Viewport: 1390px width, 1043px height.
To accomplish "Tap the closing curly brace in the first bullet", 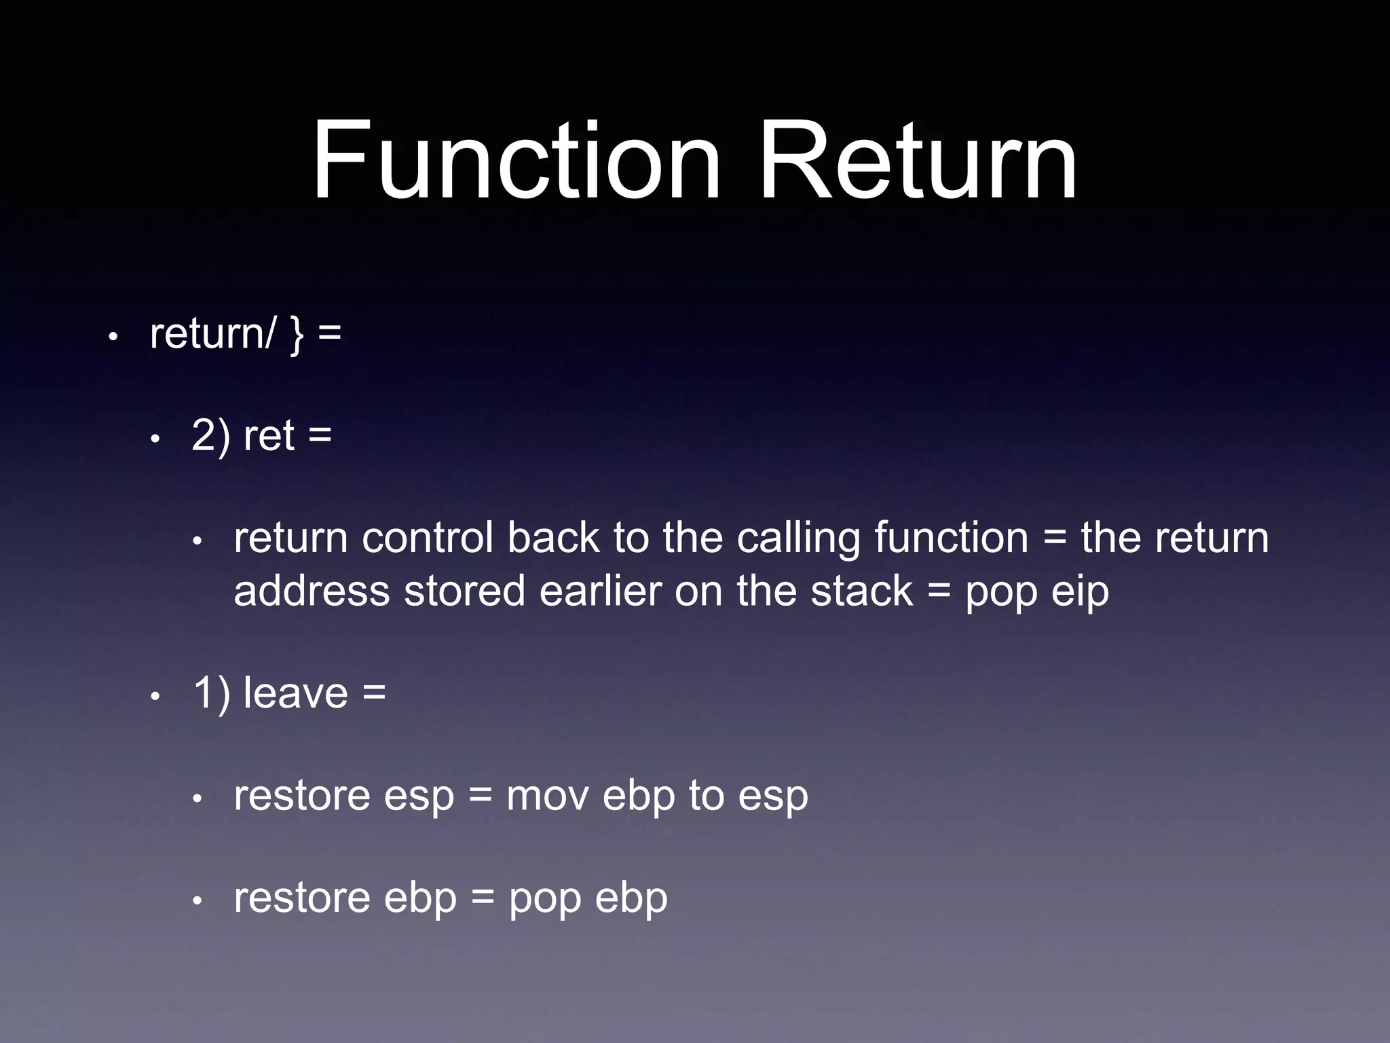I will tap(297, 335).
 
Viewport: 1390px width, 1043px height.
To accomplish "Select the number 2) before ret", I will tap(210, 435).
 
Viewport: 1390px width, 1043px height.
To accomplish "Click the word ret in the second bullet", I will tap(269, 435).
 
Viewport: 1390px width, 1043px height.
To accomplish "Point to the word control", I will tap(428, 538).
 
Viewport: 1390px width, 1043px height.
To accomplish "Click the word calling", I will tap(798, 538).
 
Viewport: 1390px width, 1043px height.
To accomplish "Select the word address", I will tap(312, 591).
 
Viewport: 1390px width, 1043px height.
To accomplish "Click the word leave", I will tap(295, 693).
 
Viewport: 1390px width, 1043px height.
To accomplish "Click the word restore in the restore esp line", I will tap(301, 797).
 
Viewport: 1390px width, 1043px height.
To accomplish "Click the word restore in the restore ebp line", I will tap(301, 899).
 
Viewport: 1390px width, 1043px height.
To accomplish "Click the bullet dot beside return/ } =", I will tap(113, 336).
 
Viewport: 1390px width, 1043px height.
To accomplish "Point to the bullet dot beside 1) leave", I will tap(155, 697).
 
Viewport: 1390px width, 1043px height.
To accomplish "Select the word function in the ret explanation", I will tap(951, 538).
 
